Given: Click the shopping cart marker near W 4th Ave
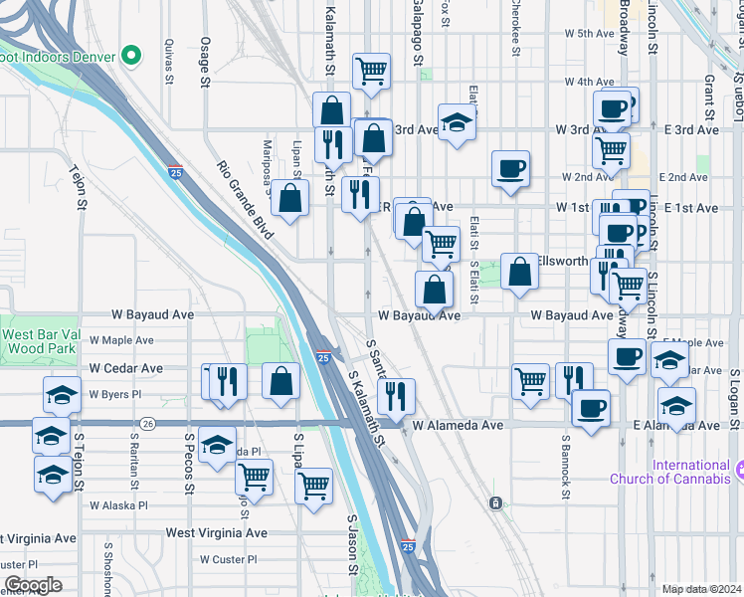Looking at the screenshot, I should pos(371,72).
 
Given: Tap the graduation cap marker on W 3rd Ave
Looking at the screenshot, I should pos(457,123).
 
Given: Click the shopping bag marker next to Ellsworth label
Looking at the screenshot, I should pos(519,271).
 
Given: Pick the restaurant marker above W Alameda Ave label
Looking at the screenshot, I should pos(397,397).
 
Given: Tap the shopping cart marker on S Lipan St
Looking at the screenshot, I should pos(314,487).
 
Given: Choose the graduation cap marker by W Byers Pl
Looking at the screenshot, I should pos(63,395).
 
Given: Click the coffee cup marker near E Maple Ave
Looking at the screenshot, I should pos(627,357).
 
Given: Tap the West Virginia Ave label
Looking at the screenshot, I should pos(217,533).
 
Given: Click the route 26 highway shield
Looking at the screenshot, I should pos(147,423).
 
